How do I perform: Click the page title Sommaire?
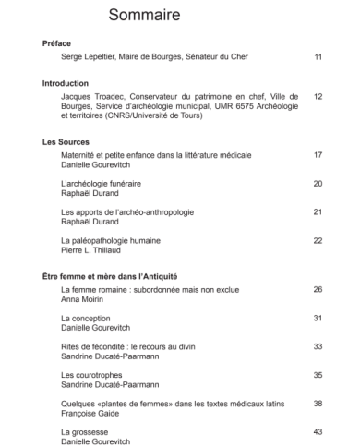(144, 16)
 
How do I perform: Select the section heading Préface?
(56, 43)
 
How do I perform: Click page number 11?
(318, 57)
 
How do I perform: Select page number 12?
(318, 96)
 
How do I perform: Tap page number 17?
(318, 155)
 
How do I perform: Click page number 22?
(318, 240)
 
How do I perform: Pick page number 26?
(318, 289)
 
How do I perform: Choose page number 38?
(318, 403)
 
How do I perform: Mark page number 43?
(318, 431)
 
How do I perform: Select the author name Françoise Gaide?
(90, 413)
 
